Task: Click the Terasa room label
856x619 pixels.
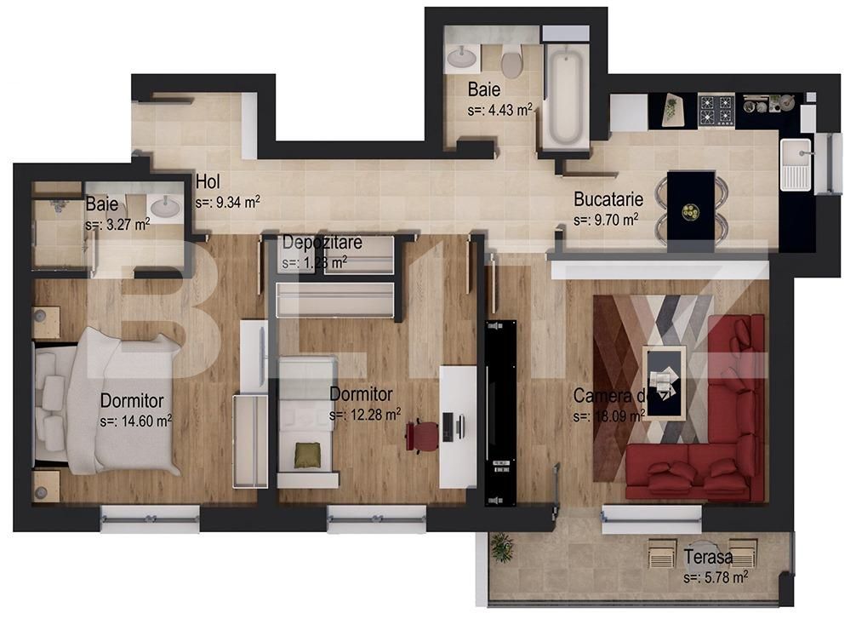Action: click(708, 558)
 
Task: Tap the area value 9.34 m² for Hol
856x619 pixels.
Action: click(227, 203)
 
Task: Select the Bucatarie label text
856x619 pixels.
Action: click(608, 200)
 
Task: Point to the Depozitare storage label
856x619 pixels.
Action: click(322, 243)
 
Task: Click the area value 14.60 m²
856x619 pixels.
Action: click(136, 420)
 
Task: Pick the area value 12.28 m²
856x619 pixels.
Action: click(365, 415)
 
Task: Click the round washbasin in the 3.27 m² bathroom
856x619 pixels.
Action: click(163, 205)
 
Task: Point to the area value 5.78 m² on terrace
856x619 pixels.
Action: click(716, 578)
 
